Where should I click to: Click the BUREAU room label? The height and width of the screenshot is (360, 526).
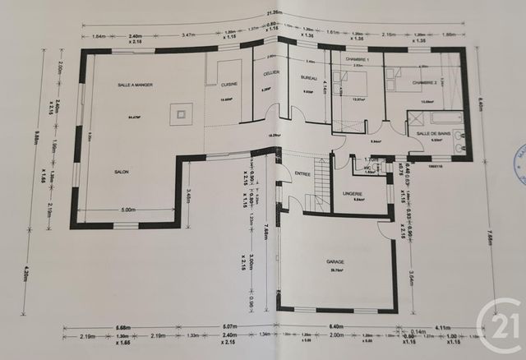(x=309, y=77)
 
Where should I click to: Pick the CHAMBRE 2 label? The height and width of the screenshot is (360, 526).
(x=425, y=83)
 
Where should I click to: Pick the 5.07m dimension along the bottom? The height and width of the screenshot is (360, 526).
(x=228, y=327)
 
